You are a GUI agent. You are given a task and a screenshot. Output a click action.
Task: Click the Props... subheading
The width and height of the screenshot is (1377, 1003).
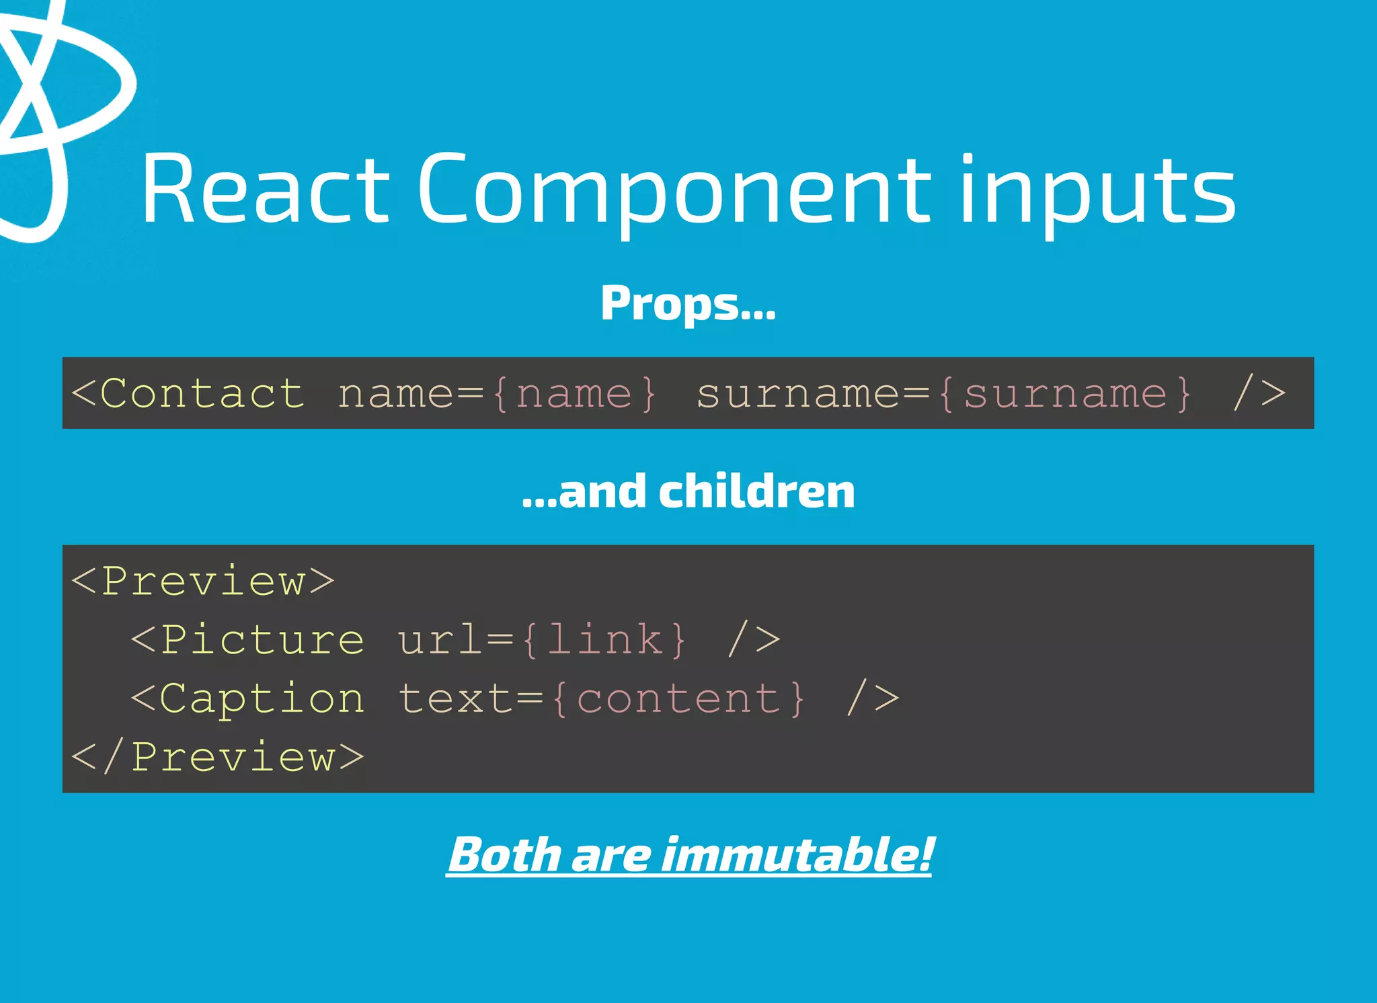click(x=688, y=304)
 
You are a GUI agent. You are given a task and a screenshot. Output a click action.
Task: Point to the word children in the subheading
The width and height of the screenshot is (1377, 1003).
click(x=756, y=491)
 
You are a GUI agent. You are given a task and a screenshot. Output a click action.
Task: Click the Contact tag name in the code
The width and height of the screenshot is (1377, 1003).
click(x=202, y=393)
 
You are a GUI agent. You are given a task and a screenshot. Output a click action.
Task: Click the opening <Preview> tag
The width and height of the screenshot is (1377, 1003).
click(x=202, y=581)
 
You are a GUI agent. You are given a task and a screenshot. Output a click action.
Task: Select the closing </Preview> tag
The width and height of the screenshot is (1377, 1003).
click(x=217, y=757)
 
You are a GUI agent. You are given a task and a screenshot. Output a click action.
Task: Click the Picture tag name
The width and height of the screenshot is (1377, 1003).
click(x=262, y=639)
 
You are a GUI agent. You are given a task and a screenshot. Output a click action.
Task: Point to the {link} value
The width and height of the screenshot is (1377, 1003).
click(x=604, y=639)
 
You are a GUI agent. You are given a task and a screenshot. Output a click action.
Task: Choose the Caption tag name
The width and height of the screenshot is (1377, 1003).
click(x=262, y=698)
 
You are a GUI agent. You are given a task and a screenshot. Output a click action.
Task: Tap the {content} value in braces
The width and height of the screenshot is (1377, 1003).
click(x=678, y=698)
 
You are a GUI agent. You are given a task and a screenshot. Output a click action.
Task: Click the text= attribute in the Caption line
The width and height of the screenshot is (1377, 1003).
click(x=471, y=698)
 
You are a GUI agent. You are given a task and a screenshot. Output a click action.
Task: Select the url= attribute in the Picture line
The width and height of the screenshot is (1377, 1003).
click(x=455, y=639)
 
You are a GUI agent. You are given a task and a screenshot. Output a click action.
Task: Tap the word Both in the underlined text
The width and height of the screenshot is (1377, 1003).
click(x=504, y=855)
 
